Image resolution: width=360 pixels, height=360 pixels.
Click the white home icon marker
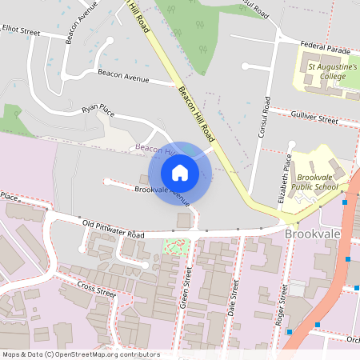(x=179, y=173)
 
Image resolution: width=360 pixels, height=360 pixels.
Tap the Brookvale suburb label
(x=313, y=233)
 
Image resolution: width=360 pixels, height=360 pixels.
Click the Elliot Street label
(x=20, y=30)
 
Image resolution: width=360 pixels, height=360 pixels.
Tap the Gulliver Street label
(x=315, y=118)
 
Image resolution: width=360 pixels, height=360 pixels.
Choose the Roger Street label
(x=282, y=304)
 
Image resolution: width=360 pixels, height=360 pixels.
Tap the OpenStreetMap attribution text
(x=81, y=354)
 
